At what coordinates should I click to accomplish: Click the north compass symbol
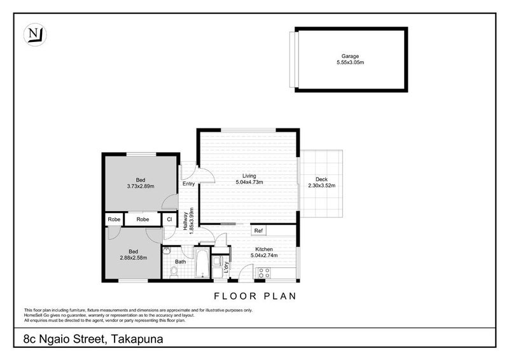[x=34, y=34]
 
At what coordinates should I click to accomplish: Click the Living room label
[x=249, y=176]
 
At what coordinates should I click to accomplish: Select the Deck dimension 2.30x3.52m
[x=321, y=186]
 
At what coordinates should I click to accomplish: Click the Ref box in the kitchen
[x=259, y=230]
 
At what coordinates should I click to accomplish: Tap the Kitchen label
[x=264, y=249]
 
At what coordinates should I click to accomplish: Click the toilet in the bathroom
[x=174, y=272]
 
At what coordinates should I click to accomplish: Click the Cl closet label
[x=169, y=219]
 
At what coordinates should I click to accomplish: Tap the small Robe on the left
[x=114, y=219]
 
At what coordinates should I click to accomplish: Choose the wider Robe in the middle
[x=143, y=219]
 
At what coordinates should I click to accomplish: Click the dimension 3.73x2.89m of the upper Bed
[x=141, y=186]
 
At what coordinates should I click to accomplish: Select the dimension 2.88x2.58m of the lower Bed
[x=134, y=258]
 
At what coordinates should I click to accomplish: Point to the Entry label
[x=189, y=184]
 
